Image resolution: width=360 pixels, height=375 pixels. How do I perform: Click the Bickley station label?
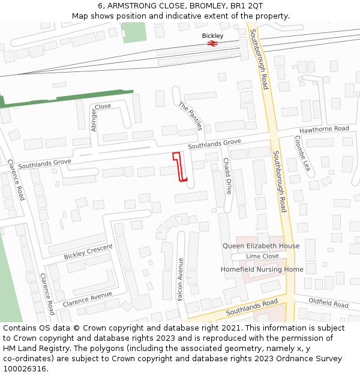(x=212, y=36)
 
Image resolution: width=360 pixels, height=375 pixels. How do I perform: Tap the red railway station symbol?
(x=212, y=44)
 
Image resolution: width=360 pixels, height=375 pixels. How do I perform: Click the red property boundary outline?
(x=179, y=166)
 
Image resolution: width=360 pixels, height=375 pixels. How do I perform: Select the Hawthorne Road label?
(x=324, y=129)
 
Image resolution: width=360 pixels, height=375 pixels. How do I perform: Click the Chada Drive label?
(x=227, y=176)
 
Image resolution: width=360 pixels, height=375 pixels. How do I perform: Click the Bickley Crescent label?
(x=88, y=252)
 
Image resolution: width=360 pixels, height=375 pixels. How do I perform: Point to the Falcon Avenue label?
(x=181, y=279)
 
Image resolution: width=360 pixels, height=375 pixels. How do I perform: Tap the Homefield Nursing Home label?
(x=262, y=269)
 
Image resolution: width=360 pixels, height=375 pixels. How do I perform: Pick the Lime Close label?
(x=262, y=256)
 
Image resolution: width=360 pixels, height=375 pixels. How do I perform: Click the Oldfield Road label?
(x=329, y=303)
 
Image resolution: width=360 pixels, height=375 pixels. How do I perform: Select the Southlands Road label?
(x=251, y=308)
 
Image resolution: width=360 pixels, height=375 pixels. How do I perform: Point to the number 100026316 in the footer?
(x=25, y=369)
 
